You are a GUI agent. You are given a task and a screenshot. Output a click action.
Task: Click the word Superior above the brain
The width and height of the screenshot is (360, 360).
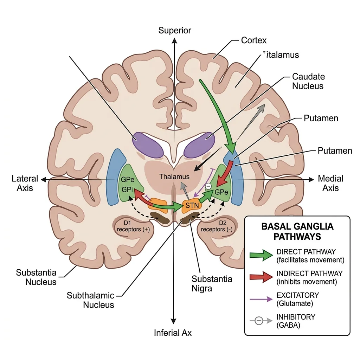pos(175,31)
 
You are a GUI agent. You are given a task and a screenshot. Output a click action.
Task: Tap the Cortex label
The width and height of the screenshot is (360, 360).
pos(254,40)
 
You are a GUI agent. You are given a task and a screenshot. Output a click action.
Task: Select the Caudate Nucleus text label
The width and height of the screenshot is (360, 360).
pos(308,81)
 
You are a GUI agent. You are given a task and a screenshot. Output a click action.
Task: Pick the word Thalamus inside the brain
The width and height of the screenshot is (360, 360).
pos(174,176)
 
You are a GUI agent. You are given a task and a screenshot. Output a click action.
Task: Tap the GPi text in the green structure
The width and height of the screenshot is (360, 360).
pos(127,190)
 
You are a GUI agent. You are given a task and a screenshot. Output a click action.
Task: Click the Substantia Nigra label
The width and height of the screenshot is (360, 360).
pos(212,284)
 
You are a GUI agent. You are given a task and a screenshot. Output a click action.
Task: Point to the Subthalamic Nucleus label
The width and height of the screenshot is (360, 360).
pos(91,300)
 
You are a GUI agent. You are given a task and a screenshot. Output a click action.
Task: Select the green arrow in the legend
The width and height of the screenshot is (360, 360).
pos(261,255)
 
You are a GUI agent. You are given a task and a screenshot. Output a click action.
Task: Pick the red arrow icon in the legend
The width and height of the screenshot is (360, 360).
pos(261,277)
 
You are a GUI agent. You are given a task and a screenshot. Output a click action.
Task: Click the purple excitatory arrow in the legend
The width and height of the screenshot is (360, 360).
pos(261,299)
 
